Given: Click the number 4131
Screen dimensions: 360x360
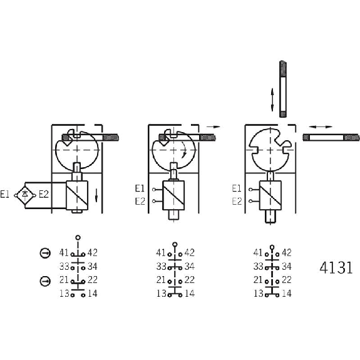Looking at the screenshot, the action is pos(336,267).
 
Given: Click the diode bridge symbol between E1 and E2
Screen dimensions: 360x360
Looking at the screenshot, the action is pos(25,195).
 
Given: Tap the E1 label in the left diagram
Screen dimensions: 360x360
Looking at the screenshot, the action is pos(4,195).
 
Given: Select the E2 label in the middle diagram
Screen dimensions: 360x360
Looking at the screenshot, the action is pos(140,202).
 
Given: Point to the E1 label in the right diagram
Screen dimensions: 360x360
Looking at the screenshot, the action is pos(237,188).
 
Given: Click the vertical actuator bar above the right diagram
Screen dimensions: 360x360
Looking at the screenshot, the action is pos(283,89).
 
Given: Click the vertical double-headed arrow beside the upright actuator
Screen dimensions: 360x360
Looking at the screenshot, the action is pos(272,100).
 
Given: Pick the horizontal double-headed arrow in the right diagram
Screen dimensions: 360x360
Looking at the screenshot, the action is pos(321,126).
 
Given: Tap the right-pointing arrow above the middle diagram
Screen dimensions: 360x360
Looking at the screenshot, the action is pos(213,126).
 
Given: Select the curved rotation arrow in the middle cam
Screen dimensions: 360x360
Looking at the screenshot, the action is pos(183,150).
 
